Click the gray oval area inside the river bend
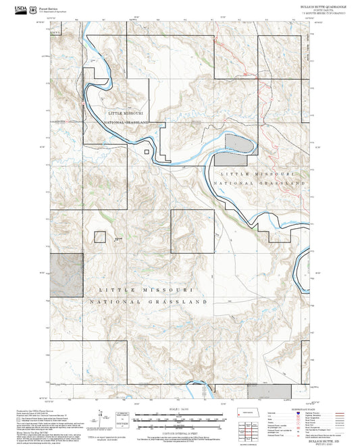(x=236, y=144)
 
